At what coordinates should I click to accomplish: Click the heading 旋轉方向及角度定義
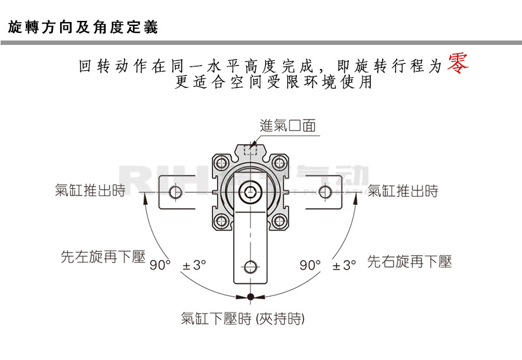82,27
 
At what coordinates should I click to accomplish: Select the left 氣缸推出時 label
90,191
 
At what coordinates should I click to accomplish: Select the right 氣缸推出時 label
403,191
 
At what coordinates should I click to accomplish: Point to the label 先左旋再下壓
103,258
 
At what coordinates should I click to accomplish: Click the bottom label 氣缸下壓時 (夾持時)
242,319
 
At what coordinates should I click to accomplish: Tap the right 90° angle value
310,265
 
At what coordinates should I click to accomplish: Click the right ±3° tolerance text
344,265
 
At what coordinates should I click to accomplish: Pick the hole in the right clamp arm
325,192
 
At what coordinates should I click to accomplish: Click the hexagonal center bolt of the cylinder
251,191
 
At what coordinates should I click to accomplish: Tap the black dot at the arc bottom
251,296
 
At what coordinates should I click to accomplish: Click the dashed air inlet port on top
251,151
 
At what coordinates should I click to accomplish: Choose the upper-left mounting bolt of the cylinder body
221,163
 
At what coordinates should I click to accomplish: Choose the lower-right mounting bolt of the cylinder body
280,220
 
